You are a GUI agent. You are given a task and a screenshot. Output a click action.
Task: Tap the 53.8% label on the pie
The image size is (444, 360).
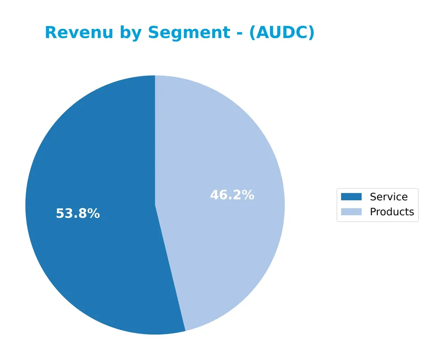78,214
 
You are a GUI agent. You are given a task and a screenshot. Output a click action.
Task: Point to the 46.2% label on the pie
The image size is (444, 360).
232,195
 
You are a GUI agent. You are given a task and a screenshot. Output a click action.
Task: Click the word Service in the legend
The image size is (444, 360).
388,197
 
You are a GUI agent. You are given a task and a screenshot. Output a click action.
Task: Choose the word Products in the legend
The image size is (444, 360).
392,212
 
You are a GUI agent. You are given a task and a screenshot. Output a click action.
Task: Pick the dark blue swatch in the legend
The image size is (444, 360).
351,197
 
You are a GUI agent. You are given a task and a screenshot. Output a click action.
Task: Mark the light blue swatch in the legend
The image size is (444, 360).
351,212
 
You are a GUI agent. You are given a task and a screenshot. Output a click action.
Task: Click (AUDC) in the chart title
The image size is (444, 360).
281,33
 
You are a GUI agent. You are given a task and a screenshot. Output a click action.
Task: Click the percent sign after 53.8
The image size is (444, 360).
94,214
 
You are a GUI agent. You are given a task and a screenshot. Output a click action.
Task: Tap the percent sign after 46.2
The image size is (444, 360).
248,195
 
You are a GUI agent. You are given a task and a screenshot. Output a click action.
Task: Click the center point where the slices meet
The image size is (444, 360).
155,205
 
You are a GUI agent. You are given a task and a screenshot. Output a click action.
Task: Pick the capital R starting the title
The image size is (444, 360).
51,33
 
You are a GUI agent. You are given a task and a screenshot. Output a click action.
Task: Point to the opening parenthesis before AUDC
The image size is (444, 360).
252,33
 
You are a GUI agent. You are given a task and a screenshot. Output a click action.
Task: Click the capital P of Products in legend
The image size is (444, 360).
373,212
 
